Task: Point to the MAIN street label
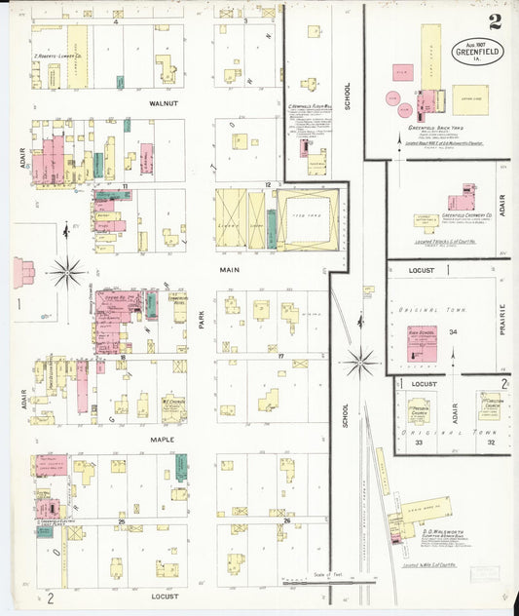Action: coord(229,270)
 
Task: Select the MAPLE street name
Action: coord(160,440)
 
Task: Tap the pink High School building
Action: coord(419,344)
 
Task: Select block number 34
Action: coord(453,332)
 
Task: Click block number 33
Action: coord(418,443)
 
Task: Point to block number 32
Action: coord(492,443)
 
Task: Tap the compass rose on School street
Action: coord(359,363)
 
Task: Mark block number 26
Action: coord(287,521)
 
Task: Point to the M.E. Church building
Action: coord(173,406)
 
